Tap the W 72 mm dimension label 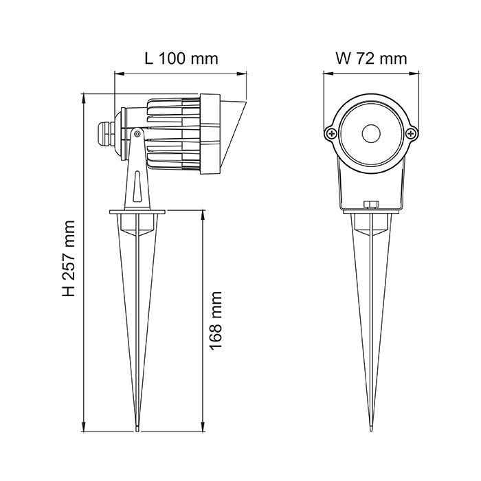370,58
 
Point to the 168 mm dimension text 216,321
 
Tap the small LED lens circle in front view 371,132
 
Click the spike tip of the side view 138,430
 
